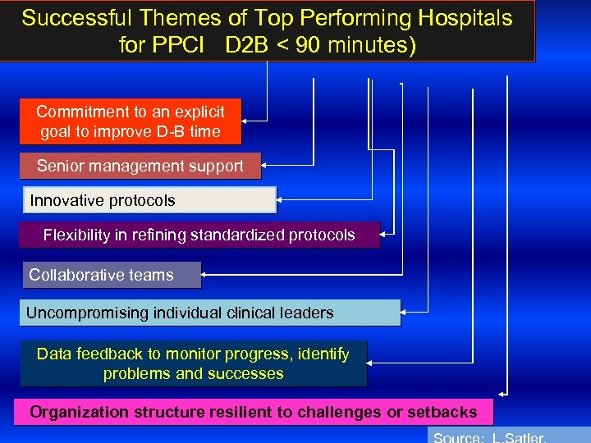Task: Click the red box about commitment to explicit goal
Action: [131, 121]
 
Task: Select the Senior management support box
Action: [140, 166]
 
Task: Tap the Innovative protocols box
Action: [148, 200]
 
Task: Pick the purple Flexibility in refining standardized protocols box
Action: [199, 235]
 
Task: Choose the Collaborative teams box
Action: [110, 275]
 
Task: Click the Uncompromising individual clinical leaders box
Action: [209, 313]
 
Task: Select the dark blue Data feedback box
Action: [193, 364]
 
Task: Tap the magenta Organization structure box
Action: [253, 412]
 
